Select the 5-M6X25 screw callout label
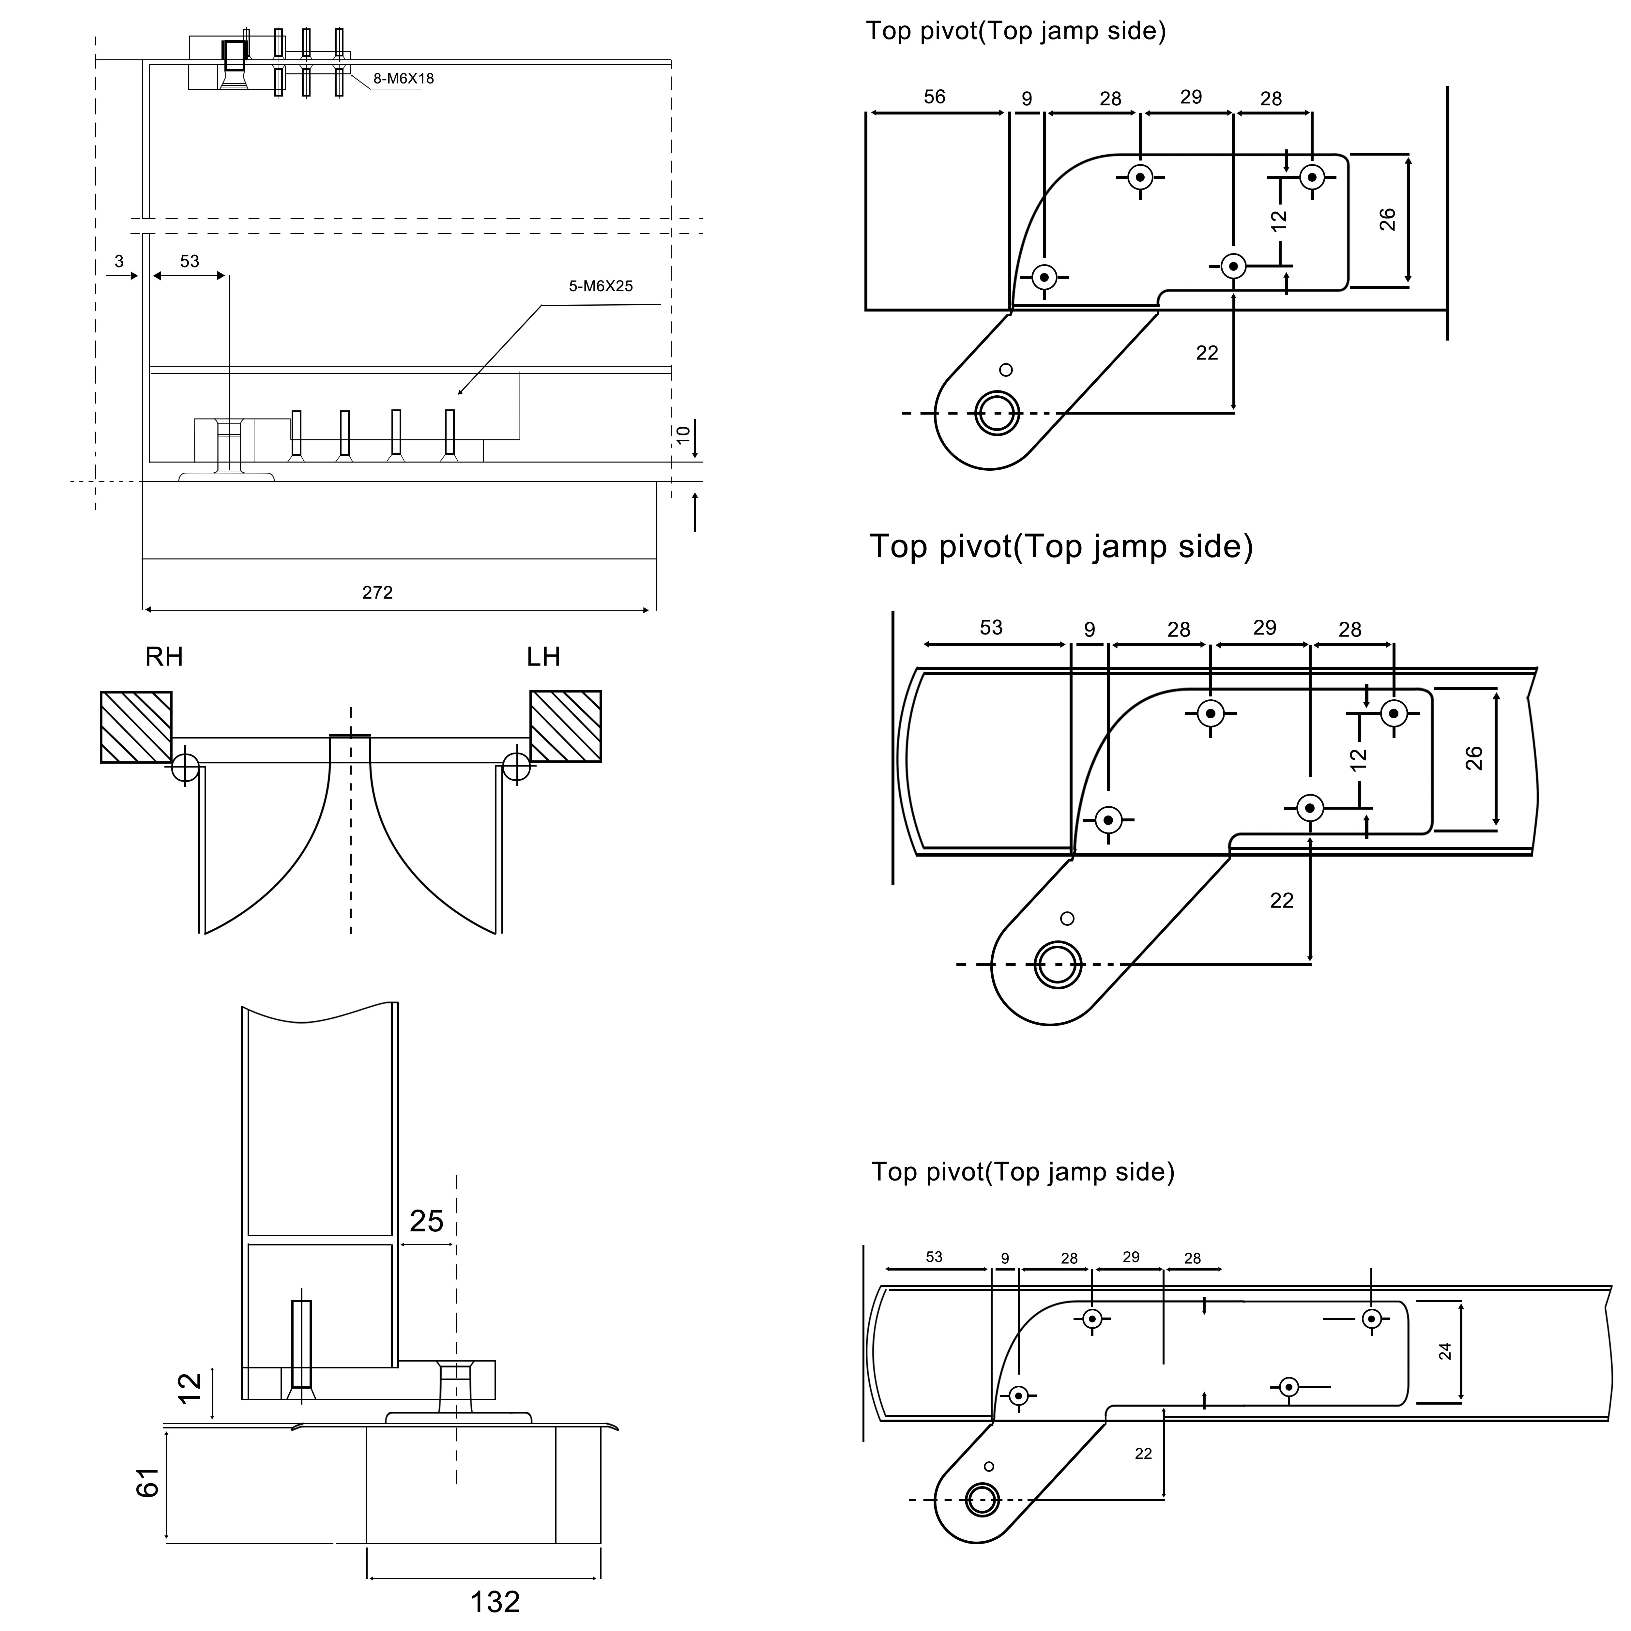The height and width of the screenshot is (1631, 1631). click(600, 286)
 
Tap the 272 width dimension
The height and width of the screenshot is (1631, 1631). click(377, 593)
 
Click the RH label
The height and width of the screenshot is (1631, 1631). click(164, 657)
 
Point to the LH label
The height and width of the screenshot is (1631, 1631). click(543, 657)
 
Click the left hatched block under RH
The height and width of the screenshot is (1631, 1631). click(136, 727)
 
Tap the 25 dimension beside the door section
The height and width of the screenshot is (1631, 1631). click(426, 1221)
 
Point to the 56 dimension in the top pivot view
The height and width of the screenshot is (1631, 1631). click(935, 97)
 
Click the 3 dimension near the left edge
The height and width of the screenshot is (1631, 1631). click(119, 262)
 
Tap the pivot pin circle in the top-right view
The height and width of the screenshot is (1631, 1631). click(996, 413)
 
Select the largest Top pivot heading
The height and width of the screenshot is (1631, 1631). click(1061, 546)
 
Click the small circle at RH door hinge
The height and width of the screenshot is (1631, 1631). click(185, 768)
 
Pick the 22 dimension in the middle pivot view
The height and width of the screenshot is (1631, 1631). click(1282, 901)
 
